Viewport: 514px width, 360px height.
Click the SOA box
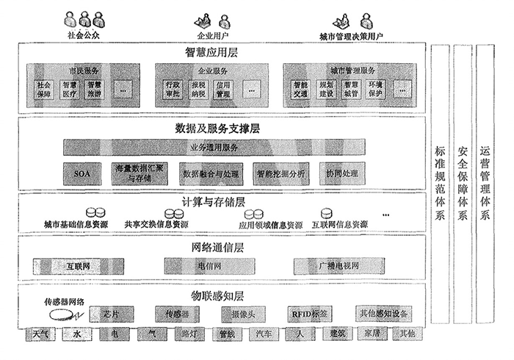pyautogui.click(x=81, y=173)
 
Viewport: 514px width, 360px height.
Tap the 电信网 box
pyautogui.click(x=192, y=264)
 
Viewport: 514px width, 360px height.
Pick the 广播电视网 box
pyautogui.click(x=329, y=264)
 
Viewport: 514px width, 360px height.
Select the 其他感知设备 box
pyautogui.click(x=383, y=314)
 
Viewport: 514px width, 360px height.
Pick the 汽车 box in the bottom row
pyautogui.click(x=263, y=334)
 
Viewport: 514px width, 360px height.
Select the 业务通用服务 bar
pyautogui.click(x=214, y=148)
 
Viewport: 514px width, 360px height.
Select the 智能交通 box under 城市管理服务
pyautogui.click(x=300, y=89)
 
